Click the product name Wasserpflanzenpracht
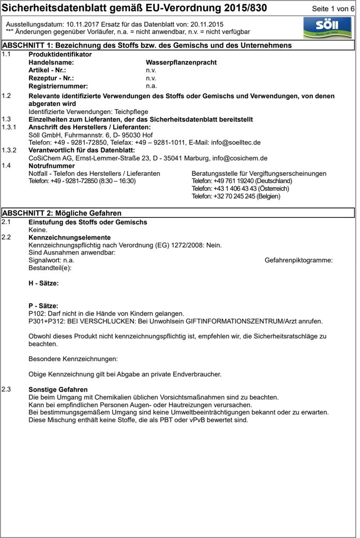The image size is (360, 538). pyautogui.click(x=181, y=63)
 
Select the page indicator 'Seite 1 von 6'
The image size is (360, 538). pyautogui.click(x=334, y=9)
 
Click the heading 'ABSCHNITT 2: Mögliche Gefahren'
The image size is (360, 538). pyautogui.click(x=62, y=213)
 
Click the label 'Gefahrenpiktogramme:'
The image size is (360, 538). pyautogui.click(x=298, y=260)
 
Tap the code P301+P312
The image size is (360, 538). pyautogui.click(x=46, y=321)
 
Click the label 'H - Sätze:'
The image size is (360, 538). pyautogui.click(x=43, y=283)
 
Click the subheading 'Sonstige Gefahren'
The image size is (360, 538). pyautogui.click(x=58, y=390)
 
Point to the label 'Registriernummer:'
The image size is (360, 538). pyautogui.click(x=58, y=86)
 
